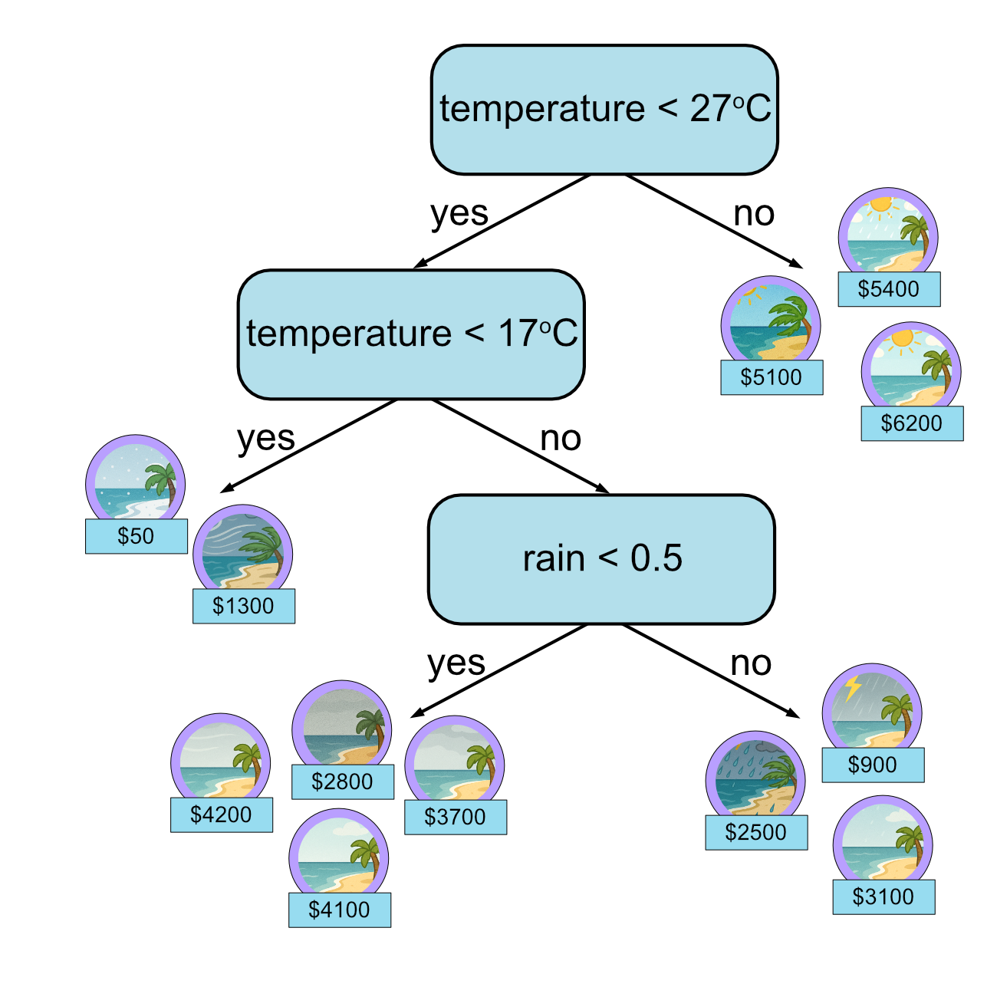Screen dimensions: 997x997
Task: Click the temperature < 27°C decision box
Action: pos(604,110)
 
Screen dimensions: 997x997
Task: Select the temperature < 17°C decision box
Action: pos(411,334)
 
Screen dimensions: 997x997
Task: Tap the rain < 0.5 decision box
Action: pos(601,559)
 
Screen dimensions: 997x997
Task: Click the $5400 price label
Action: pos(889,289)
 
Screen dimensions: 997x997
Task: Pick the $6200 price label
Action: pos(912,423)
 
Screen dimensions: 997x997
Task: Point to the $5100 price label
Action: pos(772,377)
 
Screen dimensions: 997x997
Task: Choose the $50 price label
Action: pos(136,536)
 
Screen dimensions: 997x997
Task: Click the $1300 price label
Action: pos(243,606)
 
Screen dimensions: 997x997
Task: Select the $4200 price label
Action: pos(221,814)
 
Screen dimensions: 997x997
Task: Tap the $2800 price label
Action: pos(342,781)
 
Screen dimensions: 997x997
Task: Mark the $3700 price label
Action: pos(455,817)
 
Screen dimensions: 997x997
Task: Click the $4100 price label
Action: pos(339,910)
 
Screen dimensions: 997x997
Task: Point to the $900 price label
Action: pos(873,765)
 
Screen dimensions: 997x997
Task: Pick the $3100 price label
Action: pos(883,897)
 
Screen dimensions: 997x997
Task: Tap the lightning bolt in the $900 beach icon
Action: pos(852,688)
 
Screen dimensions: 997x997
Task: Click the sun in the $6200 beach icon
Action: pos(903,338)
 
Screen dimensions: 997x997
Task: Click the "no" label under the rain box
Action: pos(751,663)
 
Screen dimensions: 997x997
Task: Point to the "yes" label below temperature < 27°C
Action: pos(459,214)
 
